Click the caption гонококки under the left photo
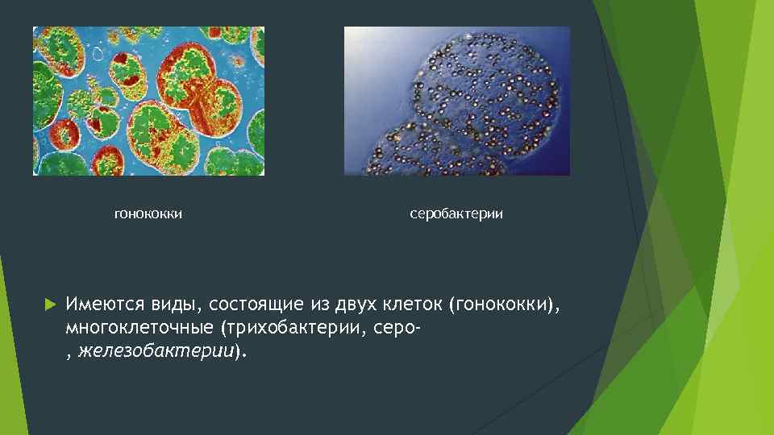[148, 214]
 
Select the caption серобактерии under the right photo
[456, 214]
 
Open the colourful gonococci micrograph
[148, 101]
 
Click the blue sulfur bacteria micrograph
[456, 101]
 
